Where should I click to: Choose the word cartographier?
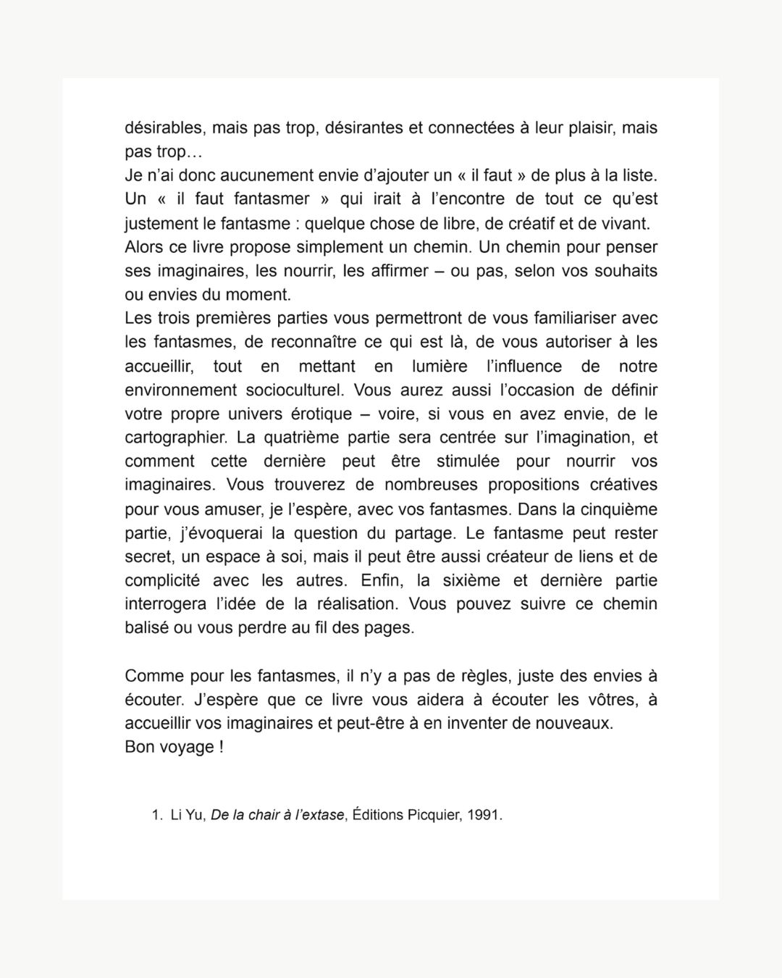[x=175, y=438]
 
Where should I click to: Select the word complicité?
[x=162, y=580]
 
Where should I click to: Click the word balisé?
[x=147, y=627]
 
